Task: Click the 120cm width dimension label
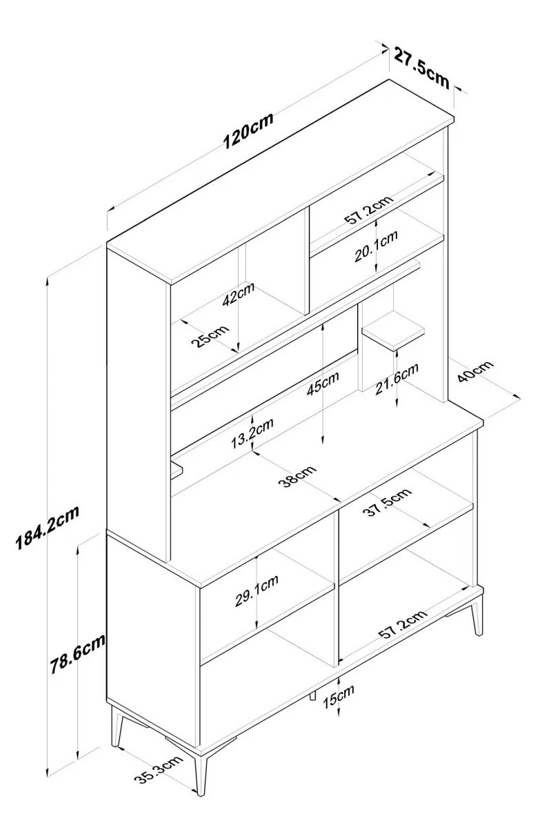[x=248, y=130]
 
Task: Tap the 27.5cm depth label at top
[x=421, y=66]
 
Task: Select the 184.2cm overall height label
[x=48, y=526]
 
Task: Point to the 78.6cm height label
[x=77, y=653]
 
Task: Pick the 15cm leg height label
[x=338, y=695]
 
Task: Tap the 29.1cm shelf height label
[x=257, y=590]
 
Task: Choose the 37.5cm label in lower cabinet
[x=388, y=502]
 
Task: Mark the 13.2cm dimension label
[x=252, y=433]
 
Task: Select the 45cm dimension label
[x=322, y=383]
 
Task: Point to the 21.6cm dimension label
[x=397, y=379]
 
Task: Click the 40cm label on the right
[x=475, y=371]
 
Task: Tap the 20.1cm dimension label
[x=376, y=246]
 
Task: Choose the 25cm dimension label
[x=209, y=337]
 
